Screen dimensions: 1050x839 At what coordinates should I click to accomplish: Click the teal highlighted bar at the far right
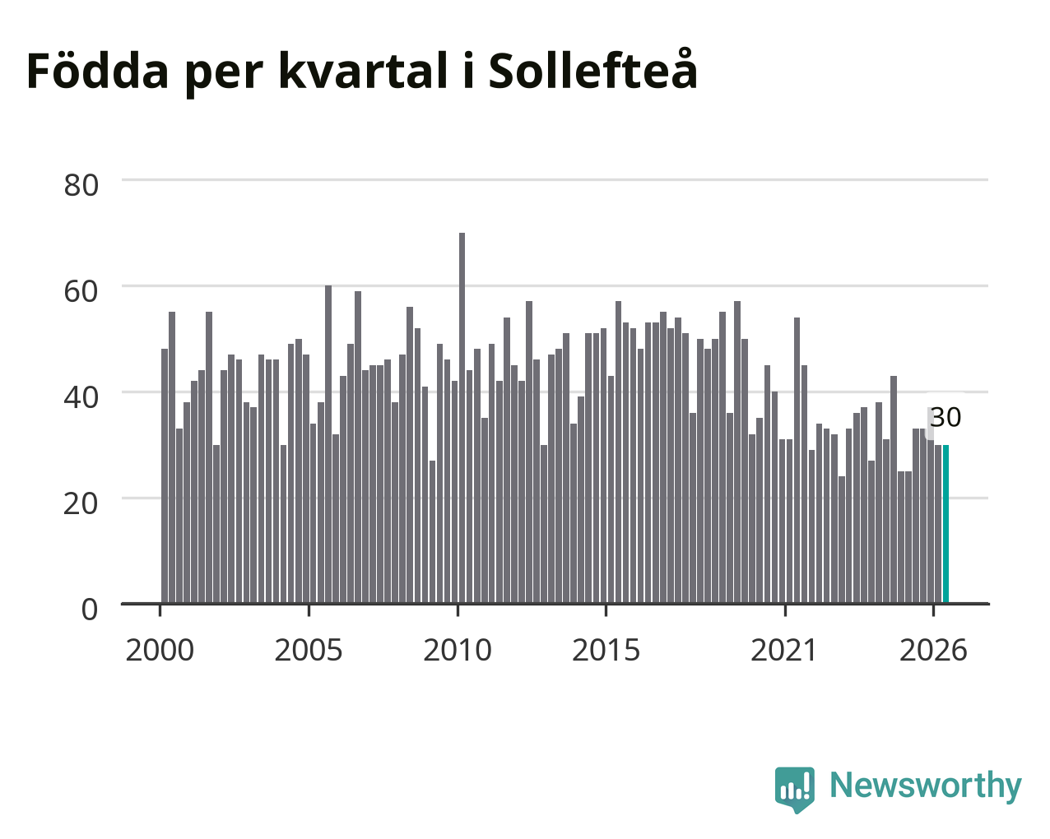[945, 524]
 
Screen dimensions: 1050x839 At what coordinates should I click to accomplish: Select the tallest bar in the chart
[462, 418]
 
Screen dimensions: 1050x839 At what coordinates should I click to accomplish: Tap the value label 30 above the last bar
[945, 418]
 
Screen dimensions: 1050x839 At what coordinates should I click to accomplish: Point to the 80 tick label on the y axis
[81, 185]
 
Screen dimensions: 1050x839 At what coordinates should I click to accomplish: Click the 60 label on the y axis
[81, 291]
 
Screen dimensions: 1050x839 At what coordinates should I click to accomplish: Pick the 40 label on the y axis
[81, 397]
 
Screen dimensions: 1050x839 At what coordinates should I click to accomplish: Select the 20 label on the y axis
[81, 503]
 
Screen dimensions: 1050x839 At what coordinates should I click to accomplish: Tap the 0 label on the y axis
[90, 610]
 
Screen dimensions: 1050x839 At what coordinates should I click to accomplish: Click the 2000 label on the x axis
[160, 650]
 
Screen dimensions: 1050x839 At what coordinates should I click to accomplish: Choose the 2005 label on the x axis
[309, 650]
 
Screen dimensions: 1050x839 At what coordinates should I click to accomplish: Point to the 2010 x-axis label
[458, 650]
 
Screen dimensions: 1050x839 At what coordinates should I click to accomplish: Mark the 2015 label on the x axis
[606, 650]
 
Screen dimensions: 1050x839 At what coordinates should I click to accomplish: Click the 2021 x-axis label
[784, 650]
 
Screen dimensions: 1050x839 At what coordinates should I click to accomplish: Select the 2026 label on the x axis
[933, 650]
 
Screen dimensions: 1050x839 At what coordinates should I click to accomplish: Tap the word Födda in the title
[98, 70]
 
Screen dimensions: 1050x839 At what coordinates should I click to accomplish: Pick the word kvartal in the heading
[364, 72]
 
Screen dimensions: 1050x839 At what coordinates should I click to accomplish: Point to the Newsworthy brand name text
[926, 785]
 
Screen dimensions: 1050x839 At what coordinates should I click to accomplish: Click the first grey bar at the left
[165, 476]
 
